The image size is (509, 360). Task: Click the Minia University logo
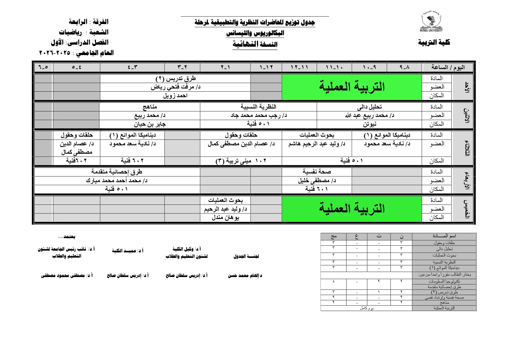pyautogui.click(x=431, y=22)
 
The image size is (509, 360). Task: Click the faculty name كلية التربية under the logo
pyautogui.click(x=434, y=42)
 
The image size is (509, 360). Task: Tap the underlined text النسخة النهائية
pyautogui.click(x=255, y=44)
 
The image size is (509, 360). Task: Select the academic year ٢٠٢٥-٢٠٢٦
pyautogui.click(x=55, y=53)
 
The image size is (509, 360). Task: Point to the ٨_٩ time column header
pyautogui.click(x=404, y=67)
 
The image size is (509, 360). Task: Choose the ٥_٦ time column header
pyautogui.click(x=43, y=67)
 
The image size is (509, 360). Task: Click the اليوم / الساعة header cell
pyautogui.click(x=448, y=67)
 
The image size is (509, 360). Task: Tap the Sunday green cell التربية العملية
pyautogui.click(x=352, y=87)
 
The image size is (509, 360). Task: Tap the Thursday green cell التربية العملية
pyautogui.click(x=352, y=209)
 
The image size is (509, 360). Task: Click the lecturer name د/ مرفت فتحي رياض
pyautogui.click(x=175, y=87)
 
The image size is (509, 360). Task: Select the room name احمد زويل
pyautogui.click(x=175, y=95)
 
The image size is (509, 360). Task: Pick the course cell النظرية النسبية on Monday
pyautogui.click(x=258, y=107)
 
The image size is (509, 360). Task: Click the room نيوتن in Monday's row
pyautogui.click(x=369, y=124)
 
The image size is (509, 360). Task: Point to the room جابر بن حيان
pyautogui.click(x=150, y=124)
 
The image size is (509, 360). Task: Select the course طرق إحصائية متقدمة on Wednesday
pyautogui.click(x=117, y=172)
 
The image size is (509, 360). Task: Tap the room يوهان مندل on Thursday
pyautogui.click(x=225, y=217)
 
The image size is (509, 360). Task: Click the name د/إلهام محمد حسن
pyautogui.click(x=245, y=276)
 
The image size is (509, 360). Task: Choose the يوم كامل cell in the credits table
pyautogui.click(x=367, y=308)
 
